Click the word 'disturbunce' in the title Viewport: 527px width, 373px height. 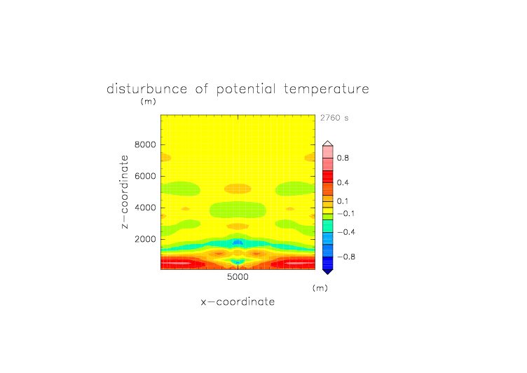[147, 89]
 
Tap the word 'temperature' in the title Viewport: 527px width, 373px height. [327, 90]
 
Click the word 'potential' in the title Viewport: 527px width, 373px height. [246, 90]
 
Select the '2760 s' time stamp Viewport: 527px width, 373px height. [334, 118]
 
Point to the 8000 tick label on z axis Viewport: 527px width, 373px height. [145, 144]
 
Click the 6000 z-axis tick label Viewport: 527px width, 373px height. [145, 176]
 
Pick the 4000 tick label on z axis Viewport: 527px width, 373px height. [145, 208]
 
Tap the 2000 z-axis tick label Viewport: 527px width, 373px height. [145, 239]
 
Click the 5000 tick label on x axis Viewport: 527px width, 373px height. [238, 277]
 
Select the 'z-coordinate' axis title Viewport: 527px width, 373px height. [125, 191]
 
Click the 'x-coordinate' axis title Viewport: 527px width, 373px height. [238, 301]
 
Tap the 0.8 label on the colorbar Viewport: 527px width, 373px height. [343, 158]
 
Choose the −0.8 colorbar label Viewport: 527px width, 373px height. [346, 257]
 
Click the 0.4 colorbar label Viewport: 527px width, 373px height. [343, 182]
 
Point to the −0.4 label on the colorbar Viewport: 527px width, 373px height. [346, 232]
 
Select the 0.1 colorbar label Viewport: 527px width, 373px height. [343, 201]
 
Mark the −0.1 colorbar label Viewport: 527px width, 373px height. [346, 214]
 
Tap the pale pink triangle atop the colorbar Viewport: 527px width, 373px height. [328, 143]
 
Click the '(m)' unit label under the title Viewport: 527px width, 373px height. [149, 101]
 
